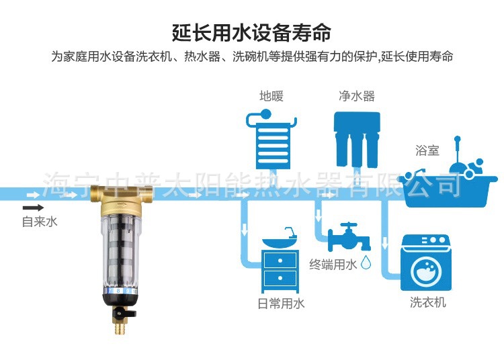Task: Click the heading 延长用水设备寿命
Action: (x=252, y=32)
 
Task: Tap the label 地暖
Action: (x=271, y=96)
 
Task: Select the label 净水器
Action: (x=356, y=96)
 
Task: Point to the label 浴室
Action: (x=427, y=151)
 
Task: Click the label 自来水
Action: (x=40, y=222)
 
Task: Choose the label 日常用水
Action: (x=281, y=304)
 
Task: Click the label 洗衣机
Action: (x=428, y=304)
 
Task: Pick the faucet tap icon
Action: (x=349, y=236)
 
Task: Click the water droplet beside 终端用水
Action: (x=366, y=263)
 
